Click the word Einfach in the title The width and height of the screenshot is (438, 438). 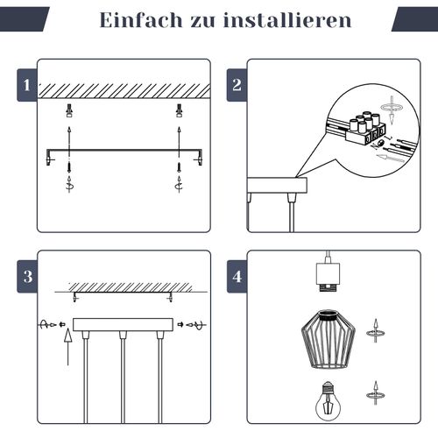(x=141, y=20)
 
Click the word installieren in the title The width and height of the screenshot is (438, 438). (x=287, y=20)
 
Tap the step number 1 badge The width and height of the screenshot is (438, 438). (x=27, y=85)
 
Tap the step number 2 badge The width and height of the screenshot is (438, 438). (x=237, y=85)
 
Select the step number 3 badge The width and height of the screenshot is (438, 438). (x=27, y=276)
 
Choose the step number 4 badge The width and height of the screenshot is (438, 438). (x=237, y=276)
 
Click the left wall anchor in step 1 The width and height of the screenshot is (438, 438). (x=69, y=110)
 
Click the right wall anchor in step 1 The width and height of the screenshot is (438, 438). (x=179, y=110)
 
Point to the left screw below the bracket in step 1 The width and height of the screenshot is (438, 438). (x=69, y=166)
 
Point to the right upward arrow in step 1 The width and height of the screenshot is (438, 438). (x=179, y=138)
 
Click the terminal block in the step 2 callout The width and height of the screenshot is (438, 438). (x=365, y=129)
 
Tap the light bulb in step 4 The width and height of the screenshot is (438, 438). (x=328, y=400)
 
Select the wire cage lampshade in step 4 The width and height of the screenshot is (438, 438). (x=328, y=340)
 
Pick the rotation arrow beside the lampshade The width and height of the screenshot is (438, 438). (x=376, y=331)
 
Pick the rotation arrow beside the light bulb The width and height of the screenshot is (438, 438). (x=376, y=393)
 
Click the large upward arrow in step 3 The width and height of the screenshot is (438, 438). (x=68, y=347)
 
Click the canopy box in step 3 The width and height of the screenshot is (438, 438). (x=123, y=325)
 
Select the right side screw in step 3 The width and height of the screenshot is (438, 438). (x=192, y=324)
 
